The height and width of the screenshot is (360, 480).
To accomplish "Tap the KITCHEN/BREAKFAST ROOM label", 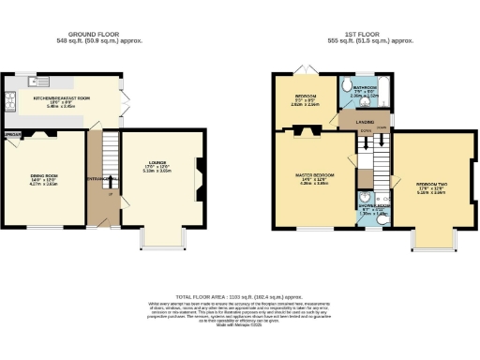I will click(x=61, y=97).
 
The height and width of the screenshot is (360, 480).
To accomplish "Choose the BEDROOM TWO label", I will click(x=427, y=185).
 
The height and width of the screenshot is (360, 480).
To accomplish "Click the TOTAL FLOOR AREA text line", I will click(x=239, y=295).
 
